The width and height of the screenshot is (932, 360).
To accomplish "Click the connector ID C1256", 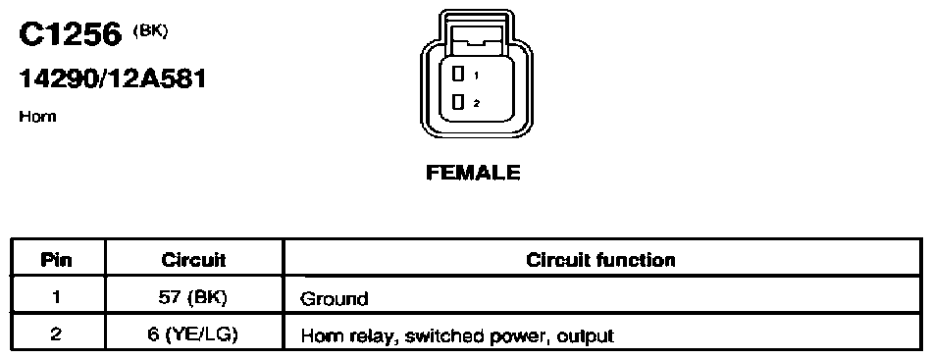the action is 70,35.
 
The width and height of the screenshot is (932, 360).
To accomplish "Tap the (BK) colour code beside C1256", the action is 151,30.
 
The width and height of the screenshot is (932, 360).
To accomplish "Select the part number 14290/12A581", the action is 113,78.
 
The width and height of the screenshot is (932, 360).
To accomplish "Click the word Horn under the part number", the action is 37,117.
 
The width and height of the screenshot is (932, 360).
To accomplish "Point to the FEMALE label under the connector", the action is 473,173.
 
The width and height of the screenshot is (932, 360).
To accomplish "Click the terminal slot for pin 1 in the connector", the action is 458,74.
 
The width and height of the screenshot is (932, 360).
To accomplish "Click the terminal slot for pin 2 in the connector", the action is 458,102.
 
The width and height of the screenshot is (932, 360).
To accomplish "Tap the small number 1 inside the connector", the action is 476,76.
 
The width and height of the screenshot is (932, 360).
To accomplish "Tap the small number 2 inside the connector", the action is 476,103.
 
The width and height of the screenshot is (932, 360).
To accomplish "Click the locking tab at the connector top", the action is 477,44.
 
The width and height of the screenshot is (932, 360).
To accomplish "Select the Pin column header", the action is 57,260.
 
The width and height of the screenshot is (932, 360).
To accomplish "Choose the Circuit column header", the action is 194,260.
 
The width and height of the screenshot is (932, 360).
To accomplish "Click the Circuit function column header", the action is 601,260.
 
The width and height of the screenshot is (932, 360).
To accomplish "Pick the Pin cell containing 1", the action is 57,297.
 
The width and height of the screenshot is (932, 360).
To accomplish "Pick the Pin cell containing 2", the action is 57,334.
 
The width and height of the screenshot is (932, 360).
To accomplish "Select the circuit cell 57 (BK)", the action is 194,297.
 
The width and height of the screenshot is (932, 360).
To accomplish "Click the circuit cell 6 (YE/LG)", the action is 194,334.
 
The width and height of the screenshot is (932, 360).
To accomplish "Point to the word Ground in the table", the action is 334,298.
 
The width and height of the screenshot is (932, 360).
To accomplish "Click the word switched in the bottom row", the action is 446,336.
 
